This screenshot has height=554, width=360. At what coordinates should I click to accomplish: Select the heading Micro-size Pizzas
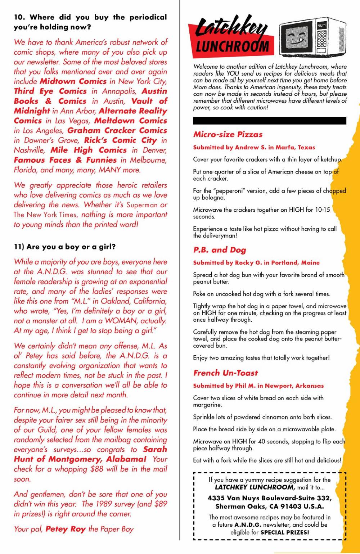(228, 134)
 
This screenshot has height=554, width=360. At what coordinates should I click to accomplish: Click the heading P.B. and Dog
(220, 250)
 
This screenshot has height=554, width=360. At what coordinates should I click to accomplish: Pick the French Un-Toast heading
(225, 373)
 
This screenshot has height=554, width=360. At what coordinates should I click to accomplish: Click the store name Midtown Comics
(73, 81)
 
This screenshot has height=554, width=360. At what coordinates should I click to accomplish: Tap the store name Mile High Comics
(89, 150)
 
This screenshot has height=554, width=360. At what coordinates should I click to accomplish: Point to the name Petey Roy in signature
(65, 529)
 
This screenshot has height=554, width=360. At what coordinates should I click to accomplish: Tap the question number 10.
(19, 17)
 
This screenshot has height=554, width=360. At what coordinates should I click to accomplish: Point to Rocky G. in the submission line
(248, 263)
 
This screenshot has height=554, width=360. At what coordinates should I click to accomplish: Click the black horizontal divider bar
(269, 121)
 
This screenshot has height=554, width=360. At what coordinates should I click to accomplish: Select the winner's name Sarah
(155, 449)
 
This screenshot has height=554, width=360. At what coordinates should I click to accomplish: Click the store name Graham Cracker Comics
(117, 130)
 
